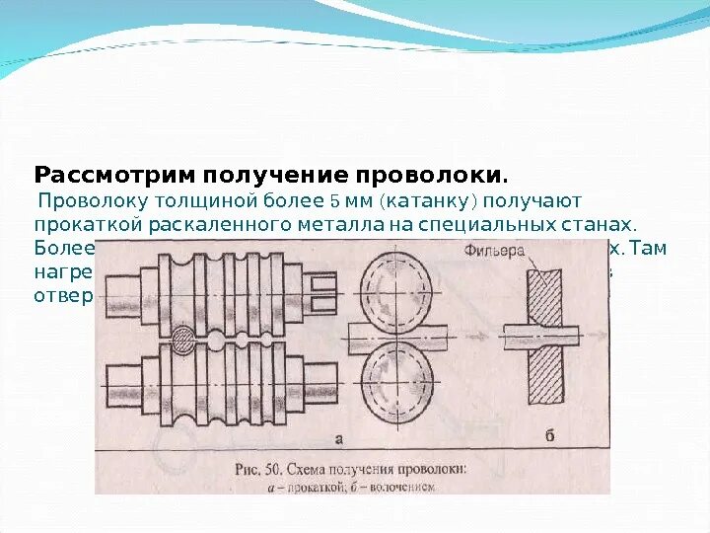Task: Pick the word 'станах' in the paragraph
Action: [x=598, y=224]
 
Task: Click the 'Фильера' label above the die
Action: [x=494, y=251]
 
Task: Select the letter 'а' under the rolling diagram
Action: [x=338, y=435]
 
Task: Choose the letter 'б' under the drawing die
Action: [x=549, y=434]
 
